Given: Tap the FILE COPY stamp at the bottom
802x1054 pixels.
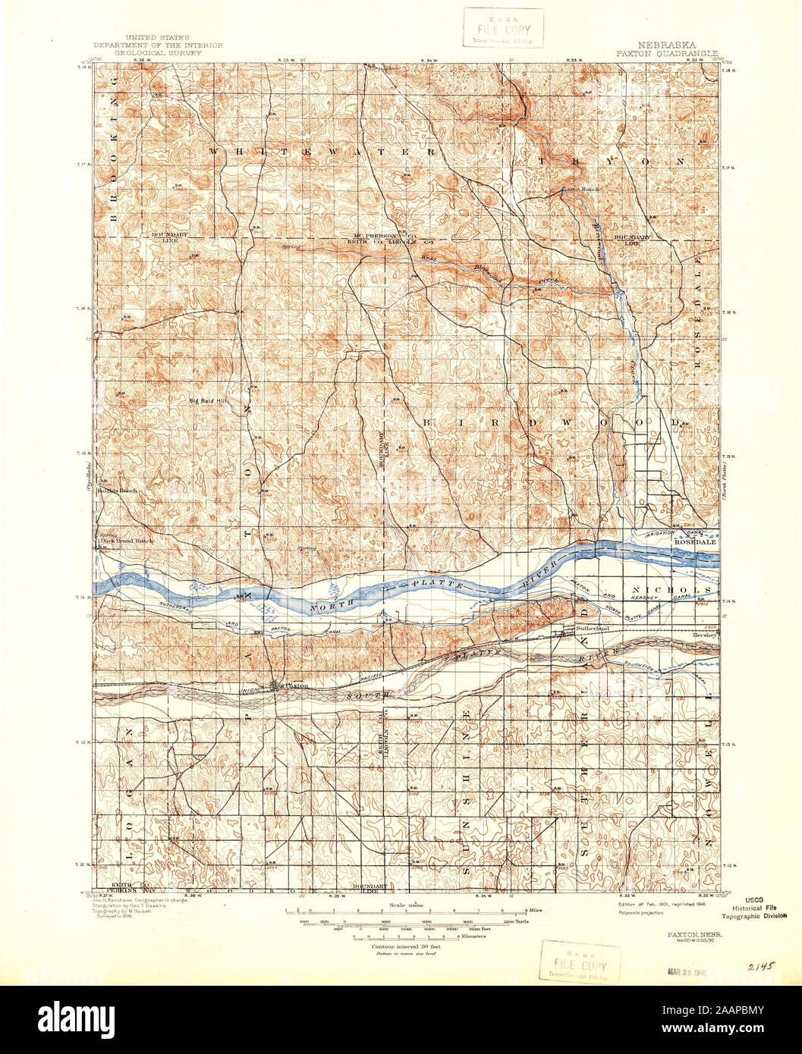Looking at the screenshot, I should coord(580,961).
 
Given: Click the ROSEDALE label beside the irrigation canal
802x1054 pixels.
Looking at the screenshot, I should coord(692,543).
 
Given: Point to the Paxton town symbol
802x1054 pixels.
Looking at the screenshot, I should coord(276,687).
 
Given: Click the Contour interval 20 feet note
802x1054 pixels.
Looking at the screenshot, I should coord(406,947).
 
